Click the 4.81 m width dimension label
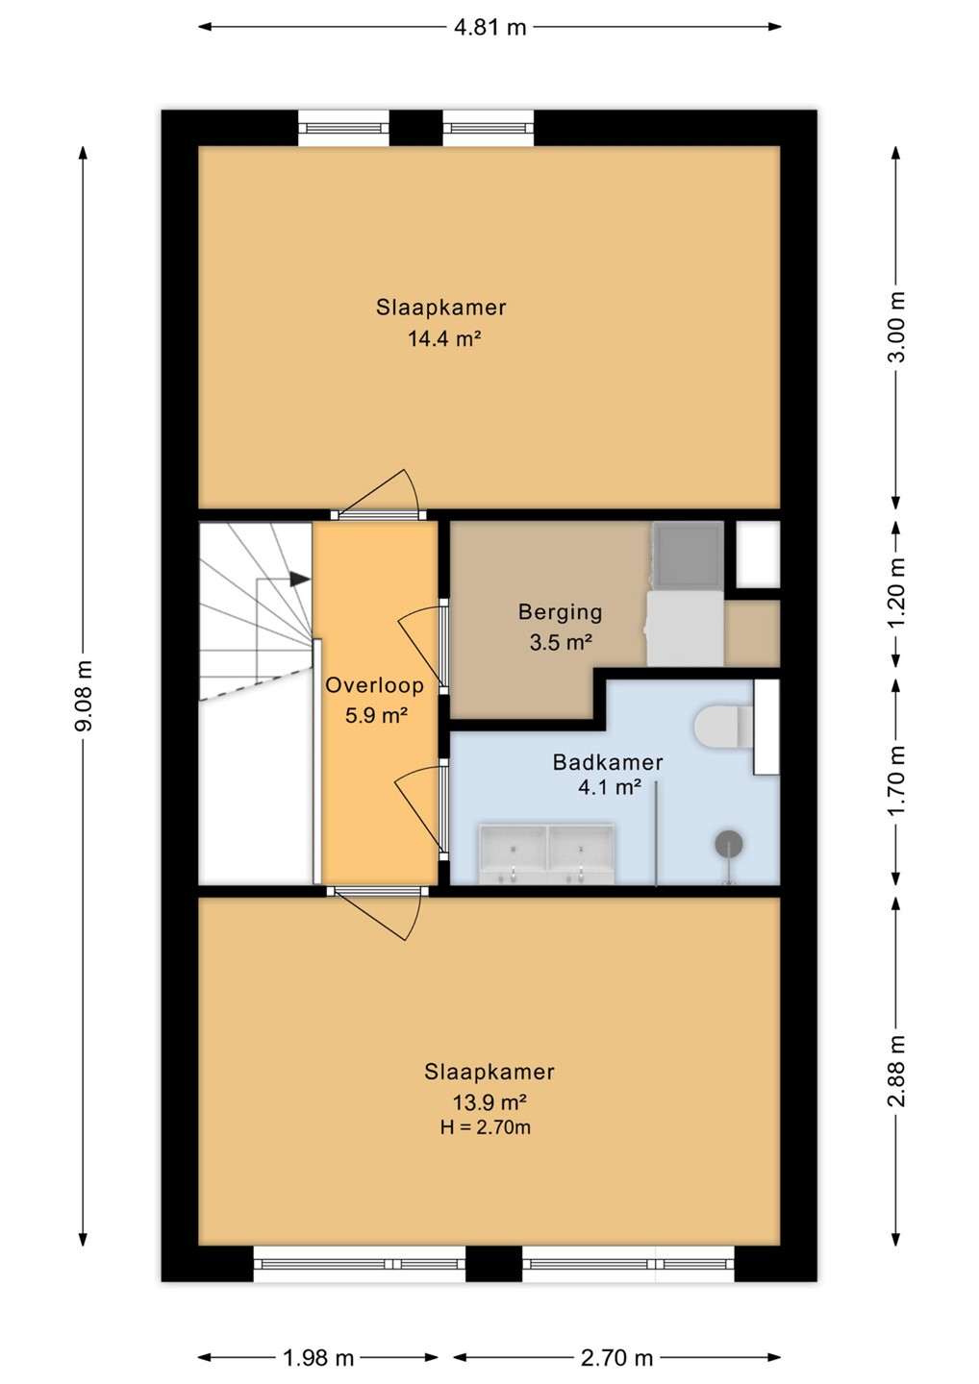490,27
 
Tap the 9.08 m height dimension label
83,696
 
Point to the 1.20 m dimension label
896,591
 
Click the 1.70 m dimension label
896,780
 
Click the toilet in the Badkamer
724,726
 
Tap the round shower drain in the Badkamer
729,844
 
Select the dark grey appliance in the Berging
688,554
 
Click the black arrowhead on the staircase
300,579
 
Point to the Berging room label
560,611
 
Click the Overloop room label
374,685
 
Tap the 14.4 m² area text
444,338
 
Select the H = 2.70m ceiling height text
486,1127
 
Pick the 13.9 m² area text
489,1101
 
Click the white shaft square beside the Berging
758,555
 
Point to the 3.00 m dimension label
896,326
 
